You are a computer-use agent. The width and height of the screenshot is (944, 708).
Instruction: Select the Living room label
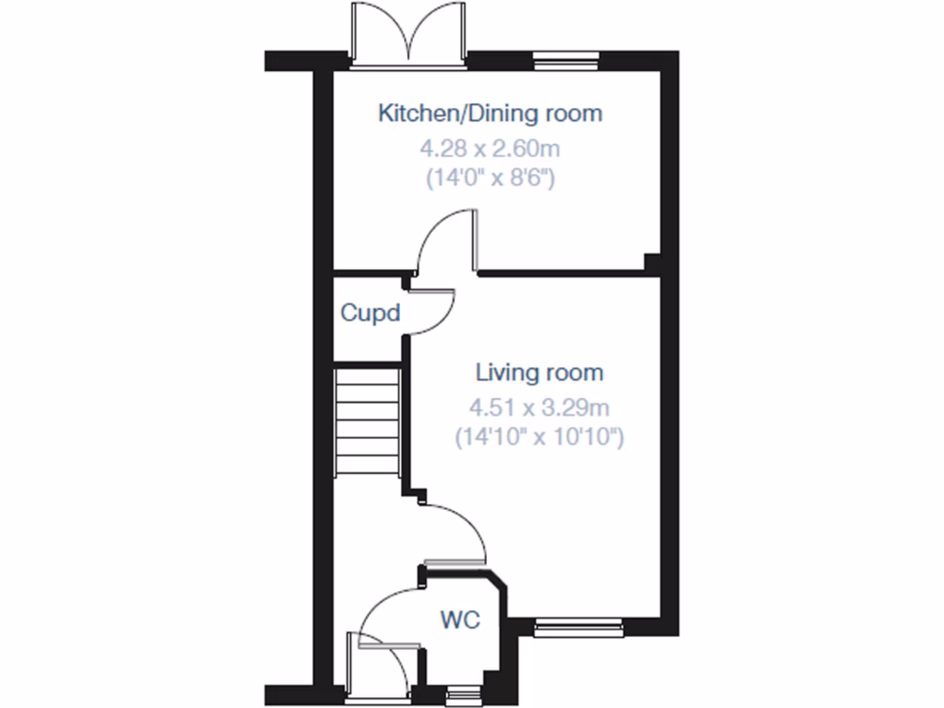pos(539,372)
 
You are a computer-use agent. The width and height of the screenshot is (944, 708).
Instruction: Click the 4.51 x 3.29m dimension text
pos(539,406)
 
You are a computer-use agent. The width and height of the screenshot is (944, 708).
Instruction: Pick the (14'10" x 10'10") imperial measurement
pos(539,437)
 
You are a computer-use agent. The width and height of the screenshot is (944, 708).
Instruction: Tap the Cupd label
pos(370,313)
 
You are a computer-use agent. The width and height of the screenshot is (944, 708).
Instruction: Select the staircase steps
pos(368,419)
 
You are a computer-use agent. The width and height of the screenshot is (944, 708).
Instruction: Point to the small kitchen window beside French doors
pos(565,63)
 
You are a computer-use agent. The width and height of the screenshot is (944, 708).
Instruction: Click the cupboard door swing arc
pos(435,312)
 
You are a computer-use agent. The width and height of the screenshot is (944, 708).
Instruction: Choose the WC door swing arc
pos(387,613)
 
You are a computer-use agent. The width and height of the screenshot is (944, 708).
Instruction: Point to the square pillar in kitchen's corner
pos(652,263)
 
